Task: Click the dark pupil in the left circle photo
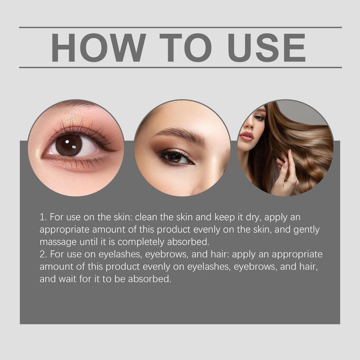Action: [69, 145]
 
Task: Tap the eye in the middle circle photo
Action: [176, 157]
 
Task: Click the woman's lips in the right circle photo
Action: [246, 136]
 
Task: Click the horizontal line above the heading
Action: [180, 27]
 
